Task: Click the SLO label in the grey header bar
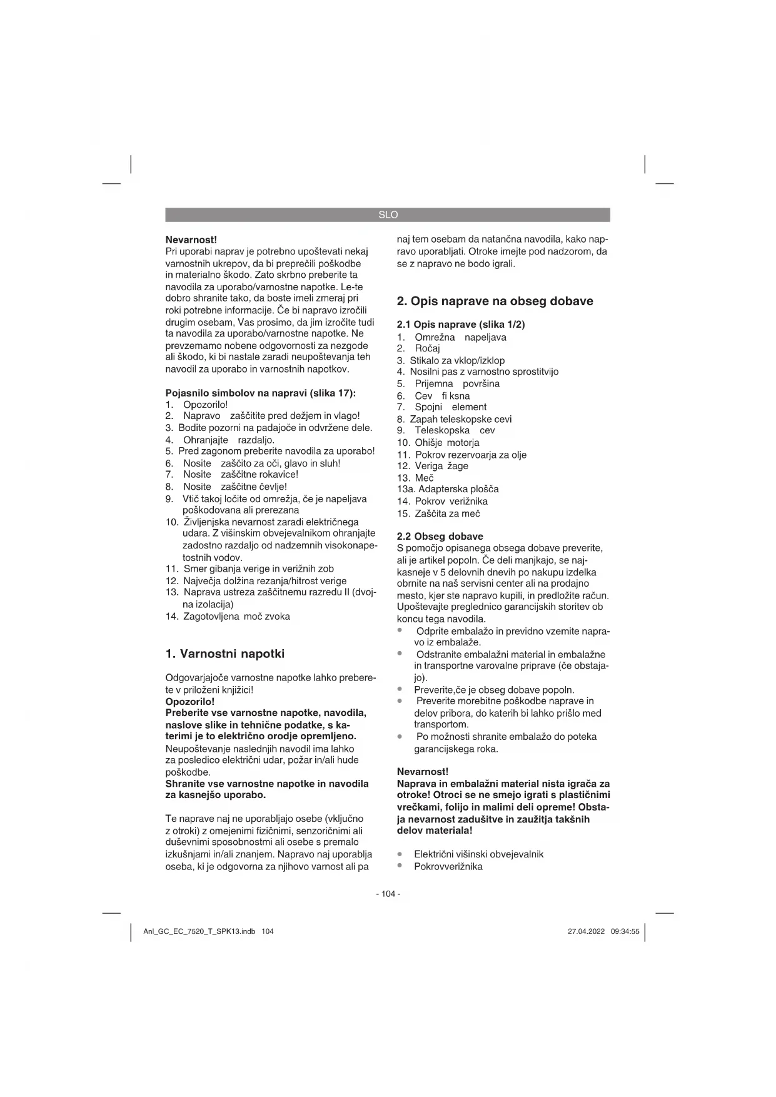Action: (x=388, y=215)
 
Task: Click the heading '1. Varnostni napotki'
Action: (x=224, y=654)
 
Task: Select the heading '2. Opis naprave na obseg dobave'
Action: (x=495, y=301)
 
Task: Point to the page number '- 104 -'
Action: (x=388, y=894)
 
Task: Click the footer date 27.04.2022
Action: (x=586, y=931)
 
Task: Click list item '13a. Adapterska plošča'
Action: (x=448, y=489)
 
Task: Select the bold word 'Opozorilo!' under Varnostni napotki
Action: (x=189, y=702)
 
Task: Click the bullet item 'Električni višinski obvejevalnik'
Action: (x=478, y=854)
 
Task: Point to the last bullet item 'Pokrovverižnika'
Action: (x=448, y=866)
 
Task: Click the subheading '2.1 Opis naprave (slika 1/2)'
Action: (x=461, y=325)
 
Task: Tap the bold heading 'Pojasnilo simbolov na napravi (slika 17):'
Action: (x=260, y=393)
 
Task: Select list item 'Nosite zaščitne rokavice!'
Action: (x=240, y=475)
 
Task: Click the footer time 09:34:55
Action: (x=625, y=931)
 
